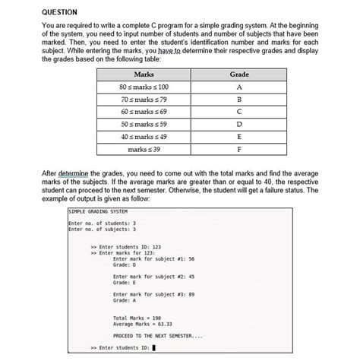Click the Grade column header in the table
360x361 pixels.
(239, 74)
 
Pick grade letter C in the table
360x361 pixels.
(239, 114)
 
